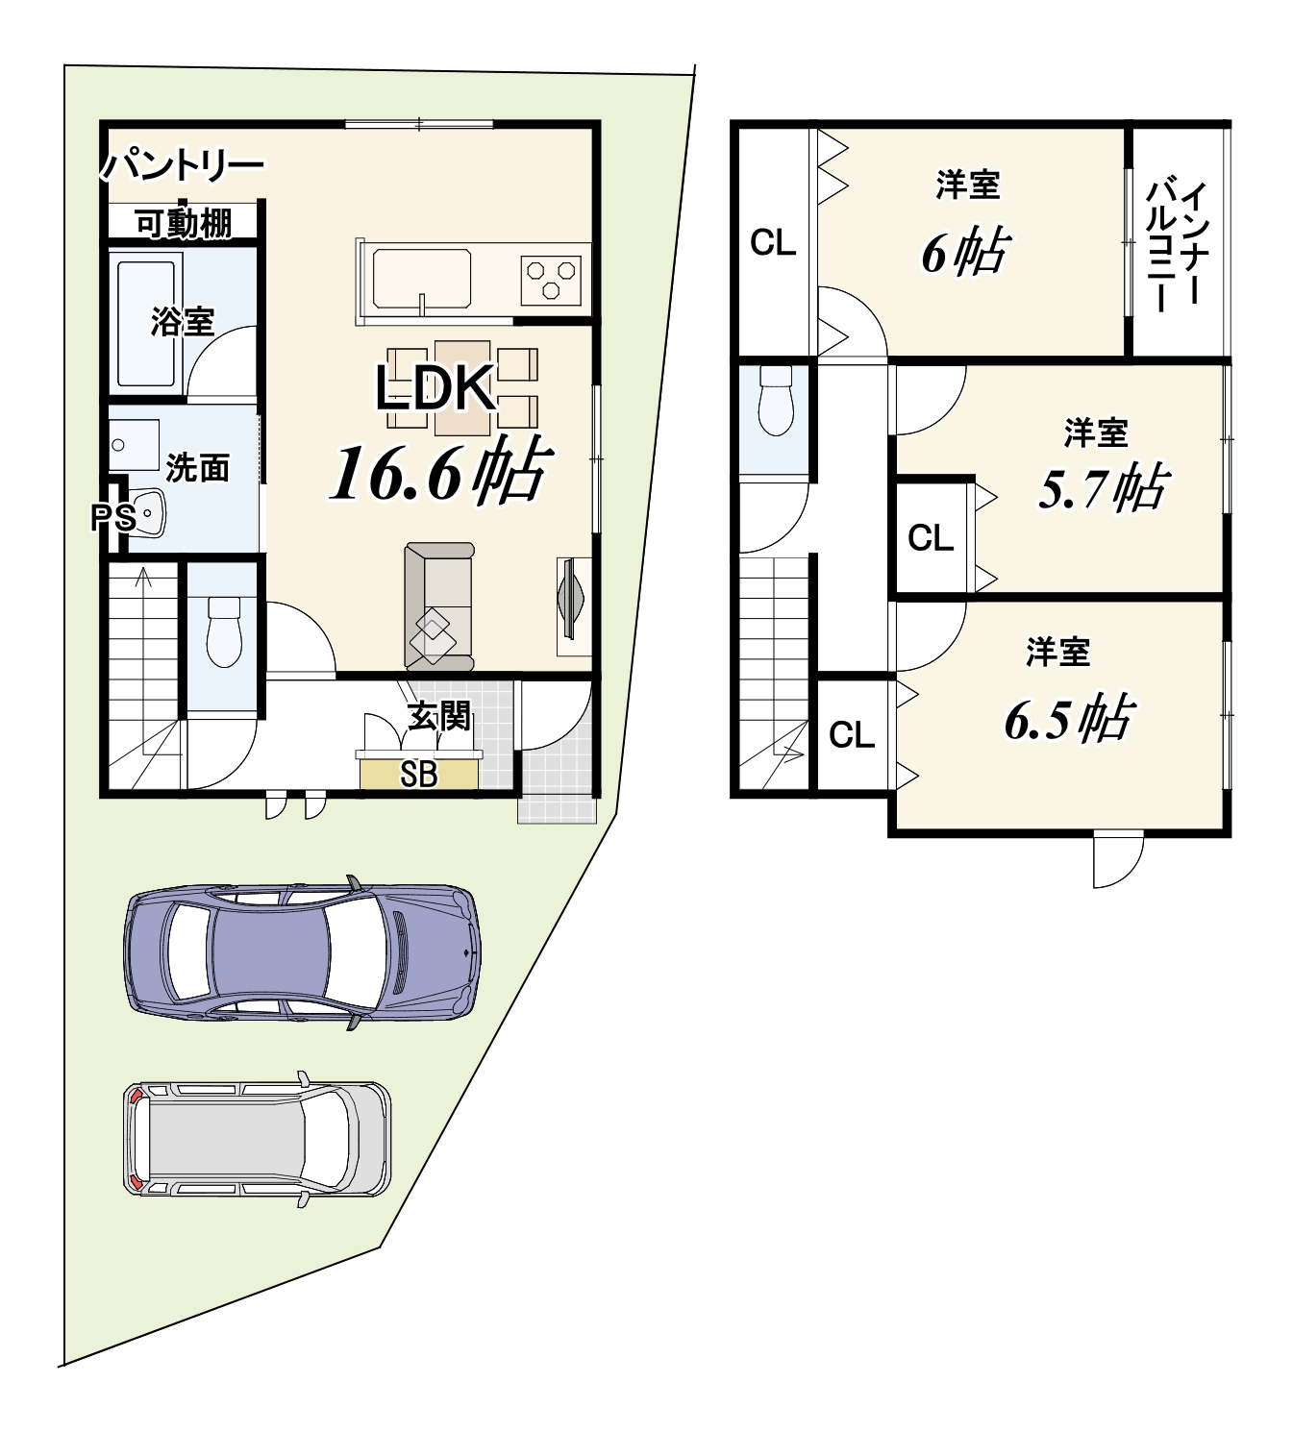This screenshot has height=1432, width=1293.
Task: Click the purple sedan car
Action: [302, 952]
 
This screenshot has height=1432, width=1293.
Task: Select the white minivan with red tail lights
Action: [258, 1138]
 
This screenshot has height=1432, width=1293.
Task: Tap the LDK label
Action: [435, 388]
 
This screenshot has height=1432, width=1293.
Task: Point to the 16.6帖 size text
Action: [440, 470]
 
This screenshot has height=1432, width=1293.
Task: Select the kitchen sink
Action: [422, 279]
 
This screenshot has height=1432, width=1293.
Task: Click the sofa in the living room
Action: [438, 606]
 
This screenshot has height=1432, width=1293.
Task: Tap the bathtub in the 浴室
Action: [146, 323]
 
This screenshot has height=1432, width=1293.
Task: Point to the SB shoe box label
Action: [418, 775]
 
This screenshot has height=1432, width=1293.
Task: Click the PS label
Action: [113, 518]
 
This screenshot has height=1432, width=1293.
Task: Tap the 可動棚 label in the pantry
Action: [184, 224]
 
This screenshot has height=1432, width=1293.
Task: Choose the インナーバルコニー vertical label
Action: [1175, 246]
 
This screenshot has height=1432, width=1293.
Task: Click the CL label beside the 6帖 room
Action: [773, 243]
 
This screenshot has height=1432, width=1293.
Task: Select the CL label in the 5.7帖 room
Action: [931, 538]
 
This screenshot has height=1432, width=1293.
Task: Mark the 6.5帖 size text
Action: [1069, 718]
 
